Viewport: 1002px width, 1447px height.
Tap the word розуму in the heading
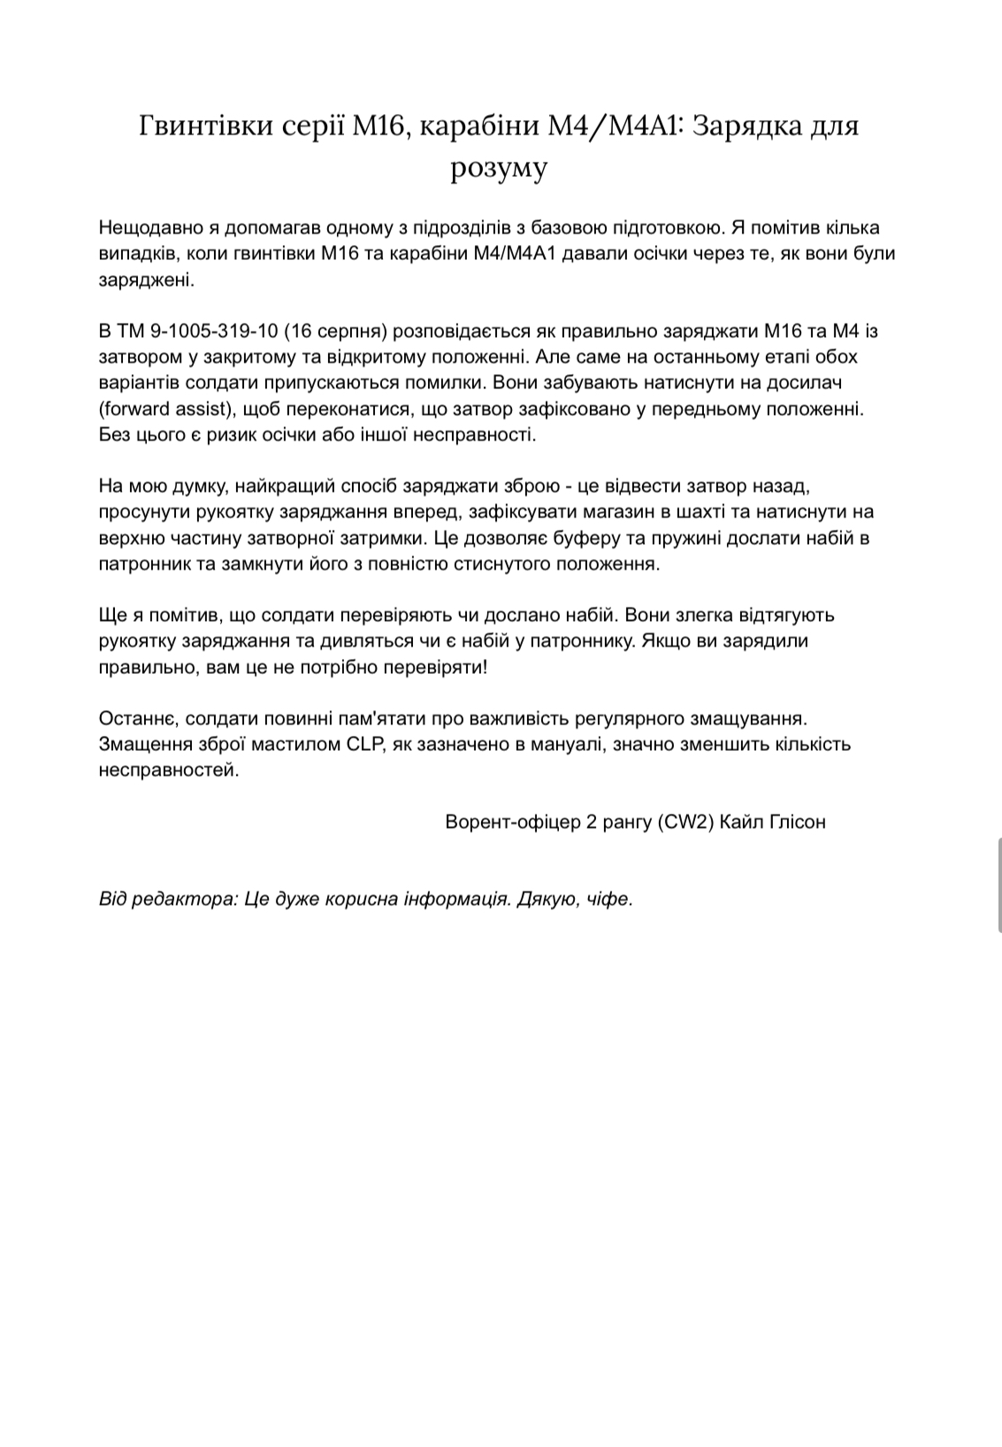point(500,166)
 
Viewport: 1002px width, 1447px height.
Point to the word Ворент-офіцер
point(511,822)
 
